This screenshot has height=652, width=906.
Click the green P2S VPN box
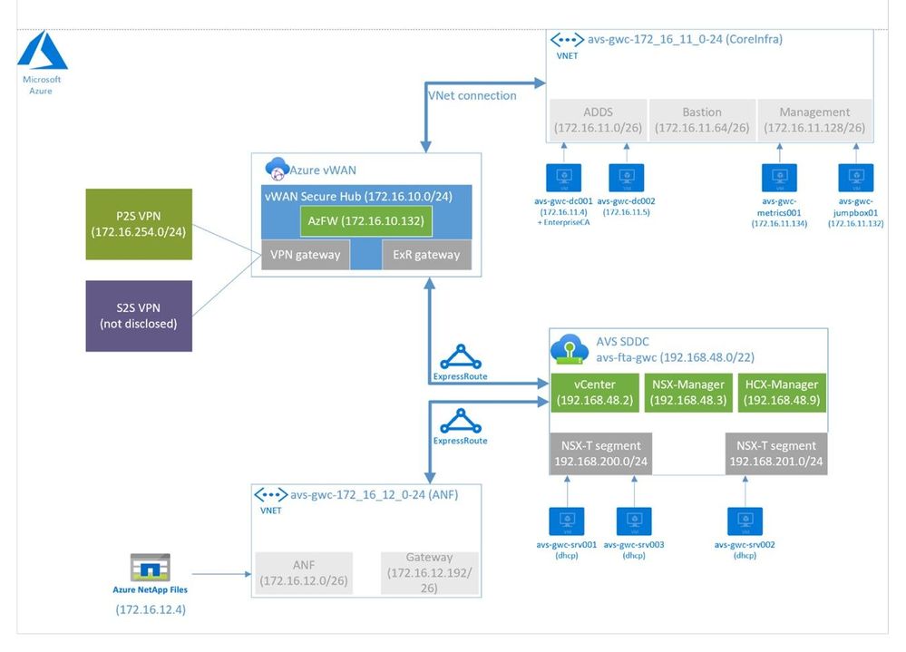point(138,224)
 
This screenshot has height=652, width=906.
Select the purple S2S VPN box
point(138,316)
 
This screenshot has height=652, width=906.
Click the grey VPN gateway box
point(305,255)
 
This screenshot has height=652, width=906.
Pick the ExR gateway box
point(425,255)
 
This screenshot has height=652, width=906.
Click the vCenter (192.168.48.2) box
point(591,392)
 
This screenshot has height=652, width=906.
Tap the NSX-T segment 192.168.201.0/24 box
point(775,453)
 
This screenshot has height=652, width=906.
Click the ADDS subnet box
point(599,120)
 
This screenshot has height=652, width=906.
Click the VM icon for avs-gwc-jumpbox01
point(856,177)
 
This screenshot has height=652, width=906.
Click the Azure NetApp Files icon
point(151,568)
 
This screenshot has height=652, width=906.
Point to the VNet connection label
point(472,95)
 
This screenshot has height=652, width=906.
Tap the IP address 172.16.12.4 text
point(151,609)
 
